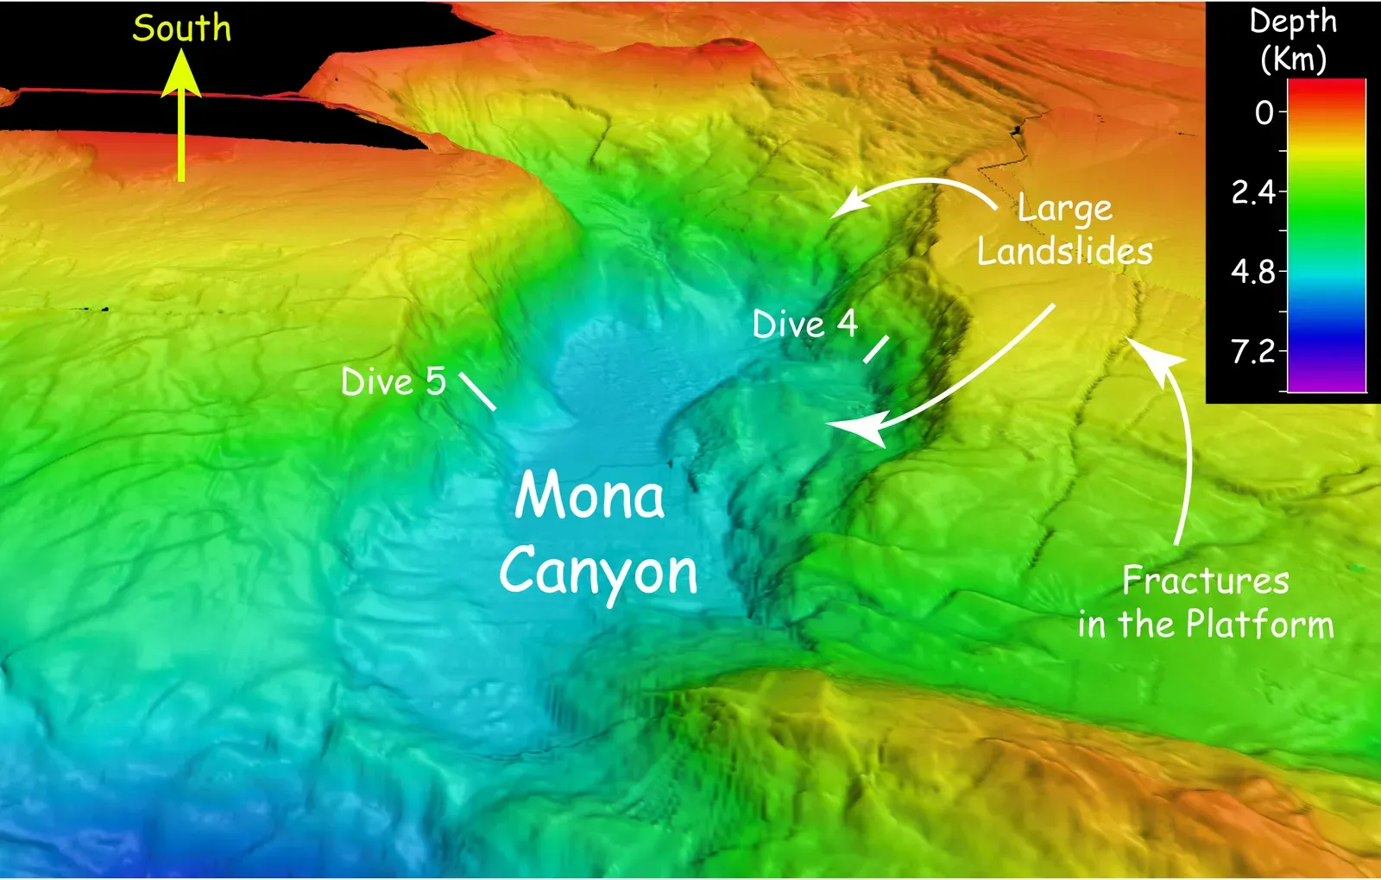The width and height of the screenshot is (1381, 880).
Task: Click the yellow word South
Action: click(182, 28)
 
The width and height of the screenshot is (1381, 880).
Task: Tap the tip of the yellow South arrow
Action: click(181, 53)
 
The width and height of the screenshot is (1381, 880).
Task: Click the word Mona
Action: click(590, 496)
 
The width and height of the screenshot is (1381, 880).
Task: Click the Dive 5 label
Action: click(394, 381)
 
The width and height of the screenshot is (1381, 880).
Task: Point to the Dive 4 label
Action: click(804, 324)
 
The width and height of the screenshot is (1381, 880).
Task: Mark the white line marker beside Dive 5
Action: click(477, 392)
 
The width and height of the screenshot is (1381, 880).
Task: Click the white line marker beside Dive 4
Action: click(876, 349)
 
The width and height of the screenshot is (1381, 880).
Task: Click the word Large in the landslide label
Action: click(1064, 209)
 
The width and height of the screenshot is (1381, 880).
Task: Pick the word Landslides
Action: click(1065, 252)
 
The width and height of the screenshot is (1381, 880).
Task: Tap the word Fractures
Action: click(1205, 581)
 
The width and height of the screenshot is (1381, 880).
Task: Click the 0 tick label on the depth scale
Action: click(1264, 112)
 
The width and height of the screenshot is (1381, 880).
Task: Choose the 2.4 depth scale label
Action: click(1253, 192)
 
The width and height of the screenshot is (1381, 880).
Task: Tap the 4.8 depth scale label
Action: click(1253, 272)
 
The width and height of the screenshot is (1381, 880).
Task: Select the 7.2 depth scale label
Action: click(1253, 351)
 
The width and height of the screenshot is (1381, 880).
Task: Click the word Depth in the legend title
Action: click(1293, 22)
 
